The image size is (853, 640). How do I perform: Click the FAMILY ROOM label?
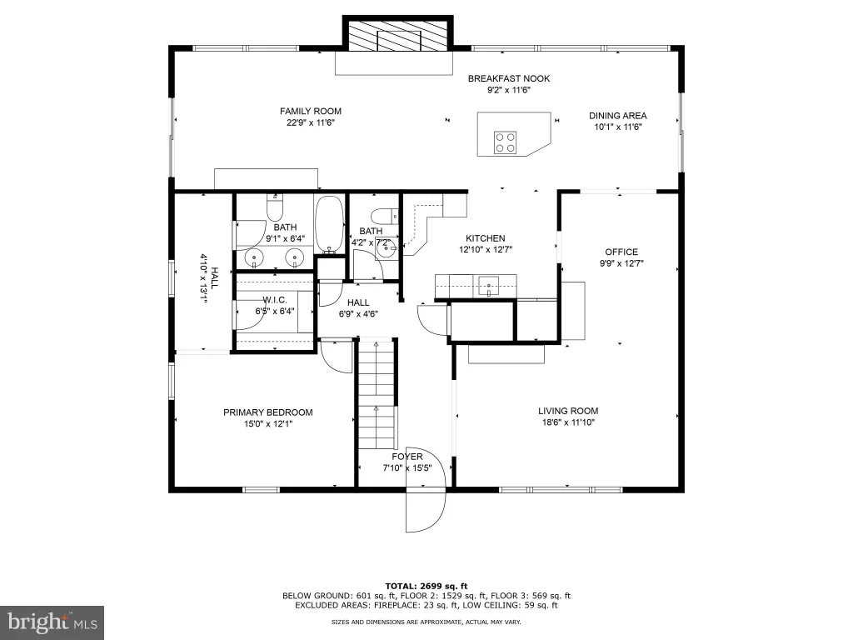(x=311, y=111)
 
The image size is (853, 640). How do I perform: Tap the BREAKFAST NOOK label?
(x=509, y=78)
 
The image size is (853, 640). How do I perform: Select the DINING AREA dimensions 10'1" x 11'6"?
(x=618, y=127)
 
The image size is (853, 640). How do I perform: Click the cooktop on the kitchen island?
(x=505, y=142)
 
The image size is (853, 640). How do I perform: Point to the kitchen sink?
(x=489, y=285)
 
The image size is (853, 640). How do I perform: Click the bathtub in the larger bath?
(x=329, y=225)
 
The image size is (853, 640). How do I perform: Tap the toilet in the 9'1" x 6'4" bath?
(x=275, y=207)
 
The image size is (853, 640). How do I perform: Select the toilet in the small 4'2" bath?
(x=386, y=216)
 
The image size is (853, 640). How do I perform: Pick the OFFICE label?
(x=621, y=252)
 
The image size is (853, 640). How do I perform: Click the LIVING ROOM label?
(x=568, y=411)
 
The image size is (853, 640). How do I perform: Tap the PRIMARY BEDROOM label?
(x=267, y=412)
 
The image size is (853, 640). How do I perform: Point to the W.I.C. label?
(x=275, y=300)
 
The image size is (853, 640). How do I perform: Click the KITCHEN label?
(x=486, y=238)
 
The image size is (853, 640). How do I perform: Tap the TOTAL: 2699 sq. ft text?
(x=426, y=586)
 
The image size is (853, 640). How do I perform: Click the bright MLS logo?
(x=52, y=622)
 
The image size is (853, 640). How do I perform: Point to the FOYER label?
(x=407, y=457)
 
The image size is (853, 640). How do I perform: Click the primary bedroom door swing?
(x=337, y=357)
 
